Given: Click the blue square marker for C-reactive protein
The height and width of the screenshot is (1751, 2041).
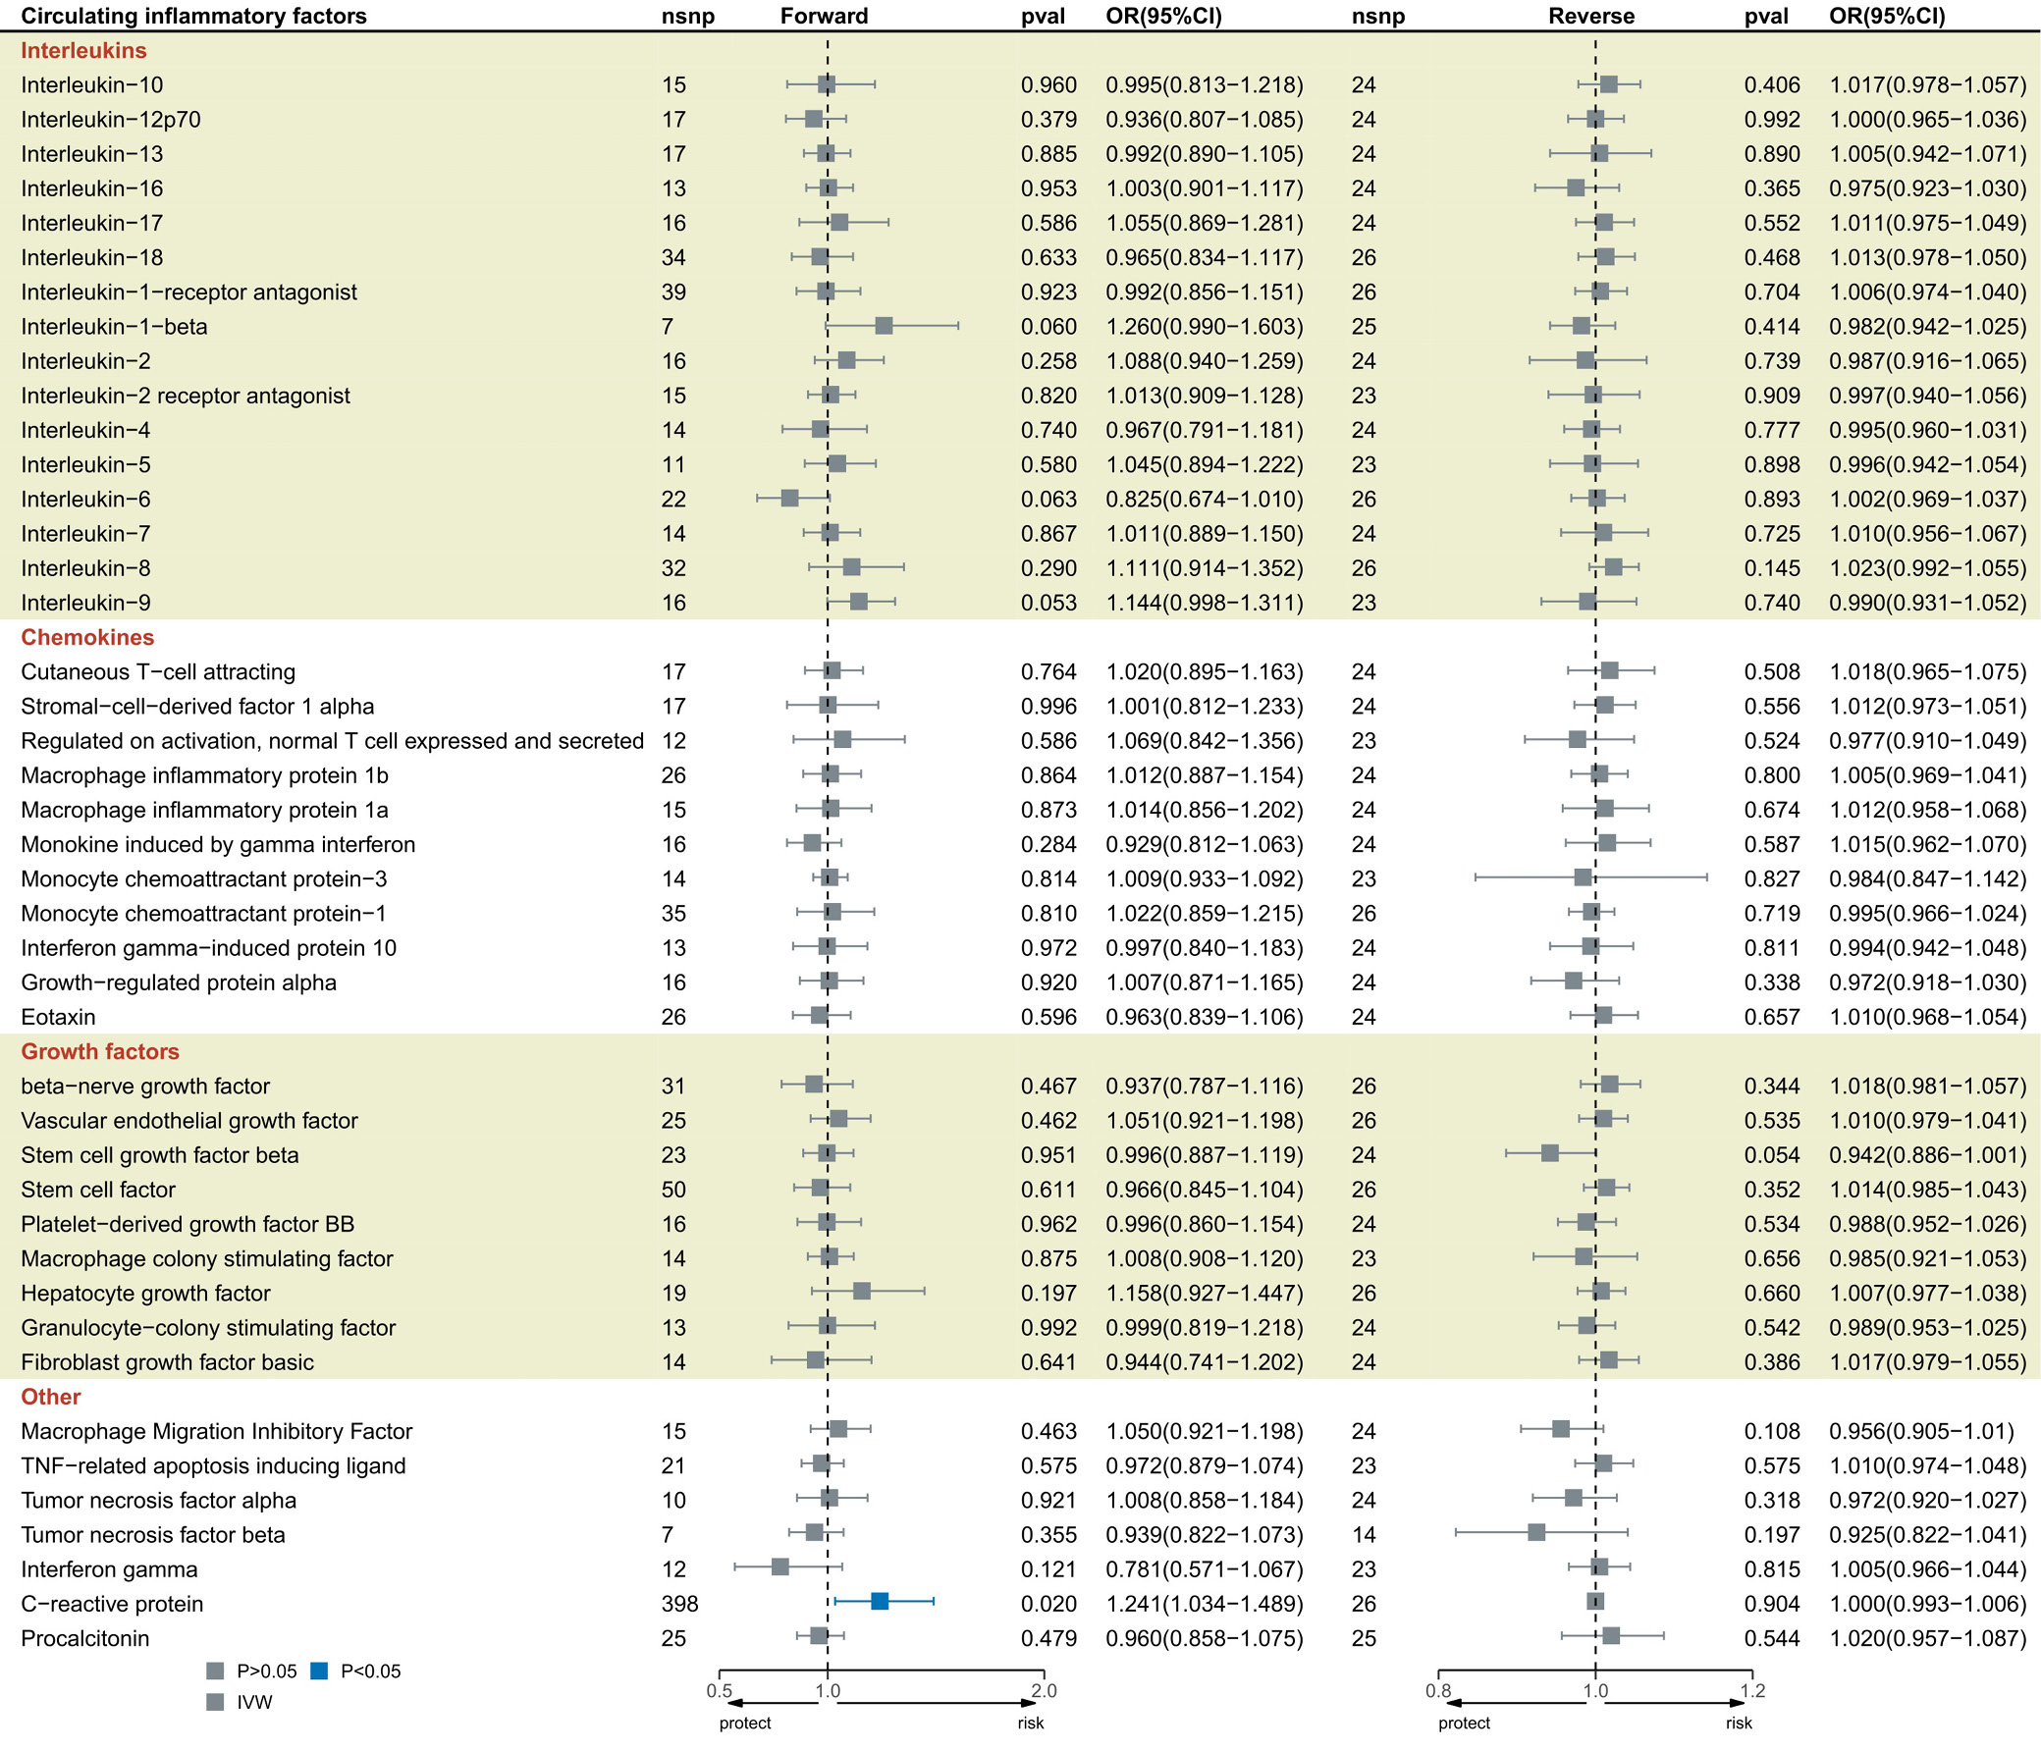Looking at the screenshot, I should point(880,1601).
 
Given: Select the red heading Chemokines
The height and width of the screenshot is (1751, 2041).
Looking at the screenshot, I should point(87,637).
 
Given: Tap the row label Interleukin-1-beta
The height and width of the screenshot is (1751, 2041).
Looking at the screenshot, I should point(114,327).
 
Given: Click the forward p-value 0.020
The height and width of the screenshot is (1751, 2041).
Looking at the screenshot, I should point(1048,1603).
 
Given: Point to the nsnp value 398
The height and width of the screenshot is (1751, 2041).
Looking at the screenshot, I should point(679,1603).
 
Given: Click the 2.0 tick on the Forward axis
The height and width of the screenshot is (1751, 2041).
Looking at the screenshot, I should point(1044,1691).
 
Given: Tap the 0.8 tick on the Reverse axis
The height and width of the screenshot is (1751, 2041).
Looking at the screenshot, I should point(1438,1691).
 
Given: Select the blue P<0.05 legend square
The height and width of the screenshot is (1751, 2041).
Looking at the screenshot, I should point(318,1671).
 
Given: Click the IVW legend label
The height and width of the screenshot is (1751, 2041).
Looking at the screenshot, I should point(254,1702).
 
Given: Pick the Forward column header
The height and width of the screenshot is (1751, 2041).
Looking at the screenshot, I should point(825,16).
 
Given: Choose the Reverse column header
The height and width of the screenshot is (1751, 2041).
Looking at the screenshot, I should point(1590,16).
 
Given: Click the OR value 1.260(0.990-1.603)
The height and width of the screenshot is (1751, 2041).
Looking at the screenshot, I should point(1204,327).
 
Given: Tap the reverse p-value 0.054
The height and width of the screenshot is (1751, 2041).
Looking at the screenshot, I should point(1772,1155).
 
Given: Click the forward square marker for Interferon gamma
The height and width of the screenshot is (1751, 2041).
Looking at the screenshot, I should point(780,1565).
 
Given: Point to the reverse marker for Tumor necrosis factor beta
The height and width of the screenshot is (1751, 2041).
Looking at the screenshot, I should point(1536,1531).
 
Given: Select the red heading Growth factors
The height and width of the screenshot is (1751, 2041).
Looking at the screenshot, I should point(100,1052).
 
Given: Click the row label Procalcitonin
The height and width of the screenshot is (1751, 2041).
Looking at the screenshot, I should point(84,1639).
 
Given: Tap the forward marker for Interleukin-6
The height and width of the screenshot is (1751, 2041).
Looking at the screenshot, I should point(790,498).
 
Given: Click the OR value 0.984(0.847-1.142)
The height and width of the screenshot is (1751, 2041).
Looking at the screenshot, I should point(1928,879).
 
